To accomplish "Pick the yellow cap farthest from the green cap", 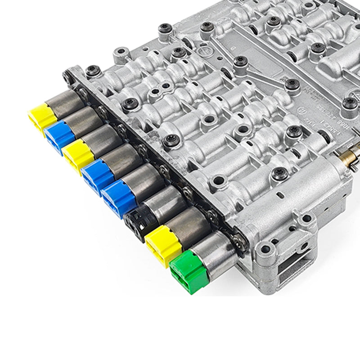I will pos(41,118).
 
